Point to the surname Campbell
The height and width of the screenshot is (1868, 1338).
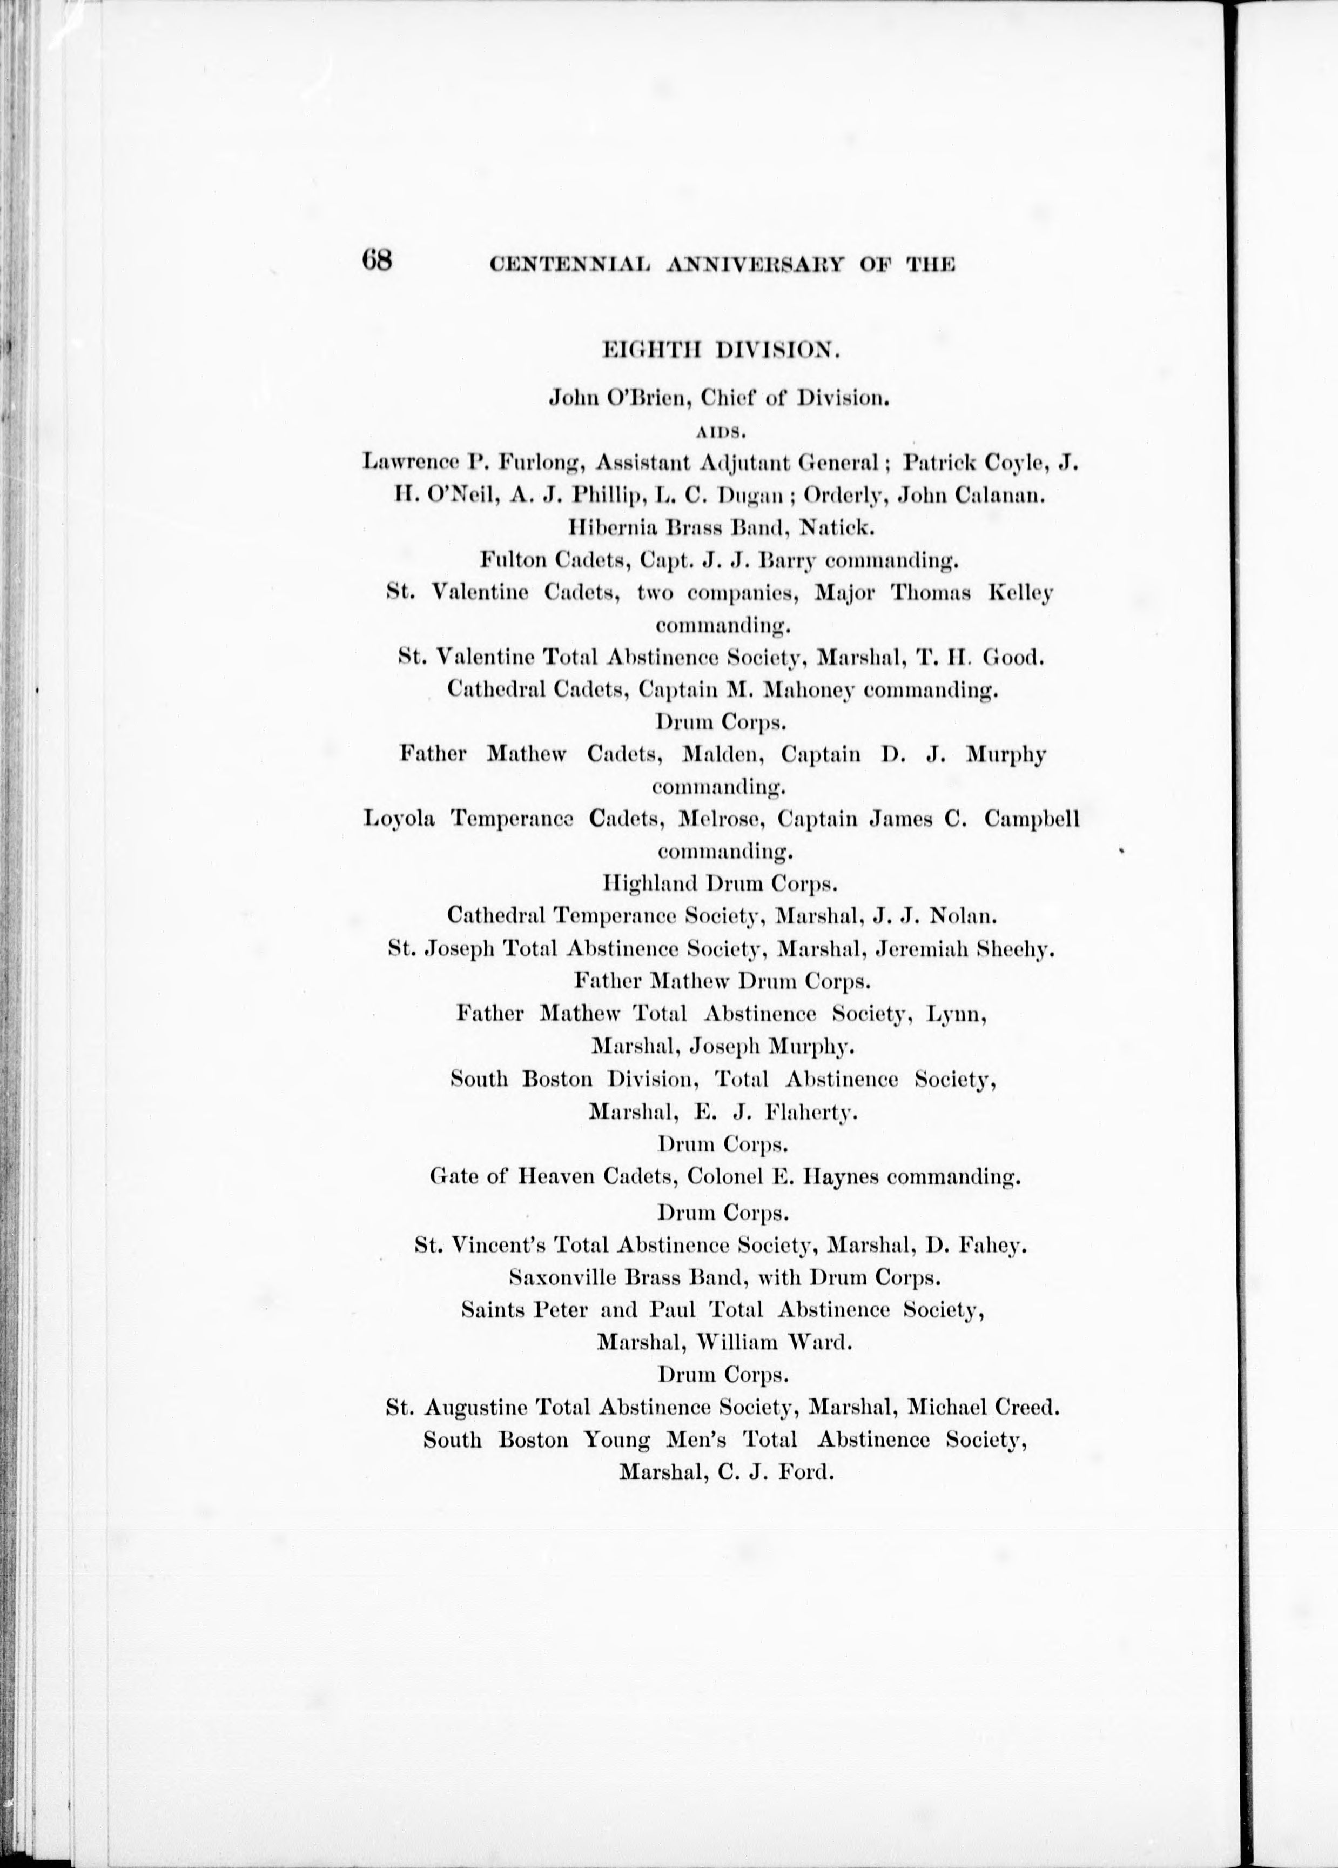pos(1032,820)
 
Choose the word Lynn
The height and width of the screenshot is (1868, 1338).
pos(955,1014)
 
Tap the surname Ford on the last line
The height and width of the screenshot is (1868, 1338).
pos(809,1471)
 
